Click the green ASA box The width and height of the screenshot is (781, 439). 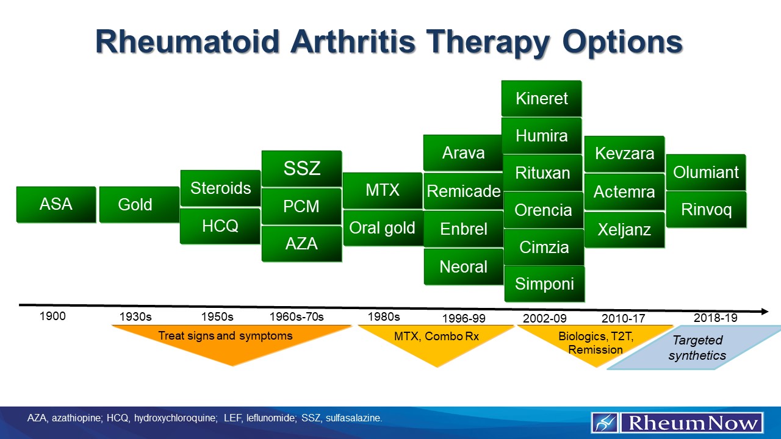tap(56, 204)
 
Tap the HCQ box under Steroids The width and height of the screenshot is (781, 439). tap(220, 226)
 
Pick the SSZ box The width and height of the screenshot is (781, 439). tap(301, 168)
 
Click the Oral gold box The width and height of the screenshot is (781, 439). tap(383, 228)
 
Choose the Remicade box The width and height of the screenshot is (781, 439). tap(464, 191)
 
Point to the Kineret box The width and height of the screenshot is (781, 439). tap(541, 98)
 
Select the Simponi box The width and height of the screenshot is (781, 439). tap(544, 284)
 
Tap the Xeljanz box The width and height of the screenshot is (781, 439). tap(624, 230)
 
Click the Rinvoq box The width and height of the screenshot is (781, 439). tap(706, 210)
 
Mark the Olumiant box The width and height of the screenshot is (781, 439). tap(706, 173)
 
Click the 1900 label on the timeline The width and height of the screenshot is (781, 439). tap(52, 316)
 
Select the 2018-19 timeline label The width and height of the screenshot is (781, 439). tap(715, 318)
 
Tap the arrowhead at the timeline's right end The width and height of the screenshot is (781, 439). tap(763, 312)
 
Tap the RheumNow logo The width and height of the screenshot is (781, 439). tap(677, 423)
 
